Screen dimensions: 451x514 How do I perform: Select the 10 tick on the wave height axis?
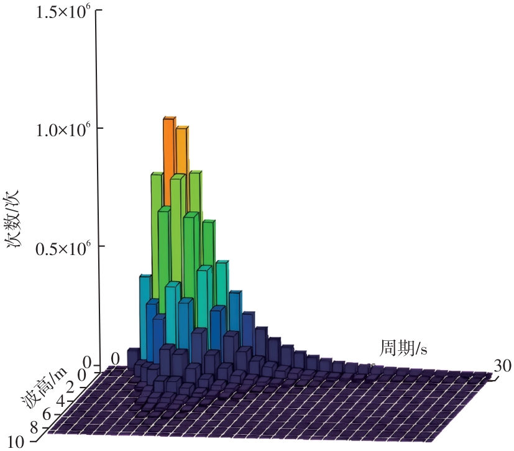pos(17,442)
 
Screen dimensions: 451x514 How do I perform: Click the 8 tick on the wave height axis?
pos(35,427)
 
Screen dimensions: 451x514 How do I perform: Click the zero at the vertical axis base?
pos(86,363)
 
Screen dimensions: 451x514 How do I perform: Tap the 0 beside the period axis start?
pos(115,359)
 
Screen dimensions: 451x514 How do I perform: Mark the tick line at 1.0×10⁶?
pos(98,129)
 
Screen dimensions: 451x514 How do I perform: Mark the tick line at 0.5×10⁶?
pos(98,246)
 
